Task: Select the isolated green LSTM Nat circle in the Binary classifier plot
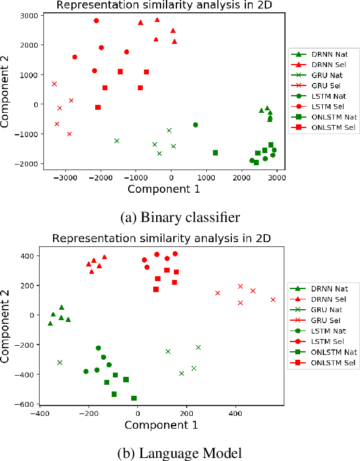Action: pos(195,125)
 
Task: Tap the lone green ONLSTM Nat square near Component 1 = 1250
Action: pos(215,152)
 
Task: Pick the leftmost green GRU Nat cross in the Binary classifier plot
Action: pos(117,141)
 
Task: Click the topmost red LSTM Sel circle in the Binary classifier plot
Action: pos(96,21)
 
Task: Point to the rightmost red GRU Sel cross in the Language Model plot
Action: pos(273,299)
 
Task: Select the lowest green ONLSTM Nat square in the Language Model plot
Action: pos(134,398)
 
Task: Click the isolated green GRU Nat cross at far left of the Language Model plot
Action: pos(60,362)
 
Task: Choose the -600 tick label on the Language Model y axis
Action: pos(25,404)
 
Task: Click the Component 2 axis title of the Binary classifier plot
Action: pos(7,90)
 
